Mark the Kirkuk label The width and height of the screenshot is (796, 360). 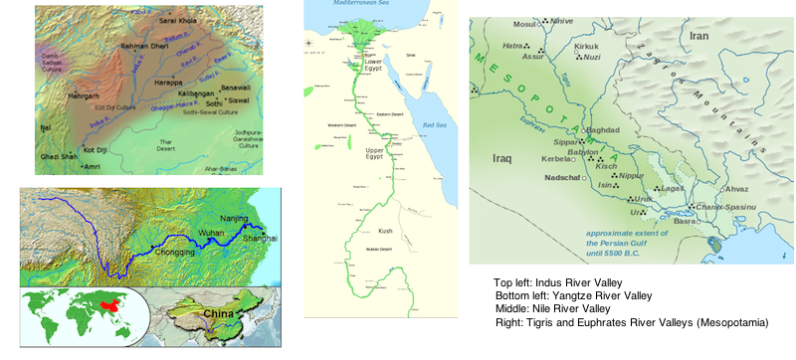pyautogui.click(x=588, y=46)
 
